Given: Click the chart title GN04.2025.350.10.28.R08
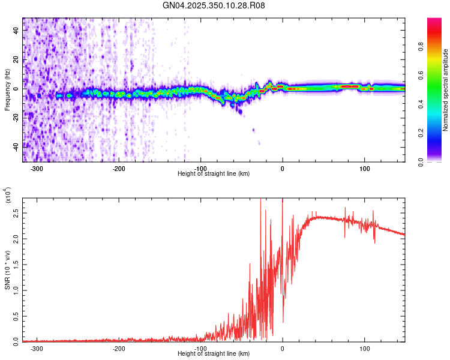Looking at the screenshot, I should point(214,5).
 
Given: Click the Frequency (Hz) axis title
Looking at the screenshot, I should point(7,90).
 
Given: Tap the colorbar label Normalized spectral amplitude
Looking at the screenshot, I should point(445,90).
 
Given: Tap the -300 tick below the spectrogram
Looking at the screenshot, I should point(37,168).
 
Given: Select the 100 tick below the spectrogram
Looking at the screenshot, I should point(364,168).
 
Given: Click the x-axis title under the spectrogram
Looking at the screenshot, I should point(214,174).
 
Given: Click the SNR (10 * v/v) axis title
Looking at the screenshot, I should point(7,269).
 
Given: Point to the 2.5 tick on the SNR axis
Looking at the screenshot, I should point(15,213).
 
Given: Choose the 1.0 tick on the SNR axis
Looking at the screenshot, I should point(15,290).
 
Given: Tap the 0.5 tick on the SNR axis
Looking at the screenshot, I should point(15,316).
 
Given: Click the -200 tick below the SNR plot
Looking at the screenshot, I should point(118,348).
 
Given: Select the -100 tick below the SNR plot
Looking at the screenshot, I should point(200,348).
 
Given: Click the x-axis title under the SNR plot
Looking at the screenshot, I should point(214,354).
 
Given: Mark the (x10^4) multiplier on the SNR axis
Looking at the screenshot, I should point(7,197).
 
